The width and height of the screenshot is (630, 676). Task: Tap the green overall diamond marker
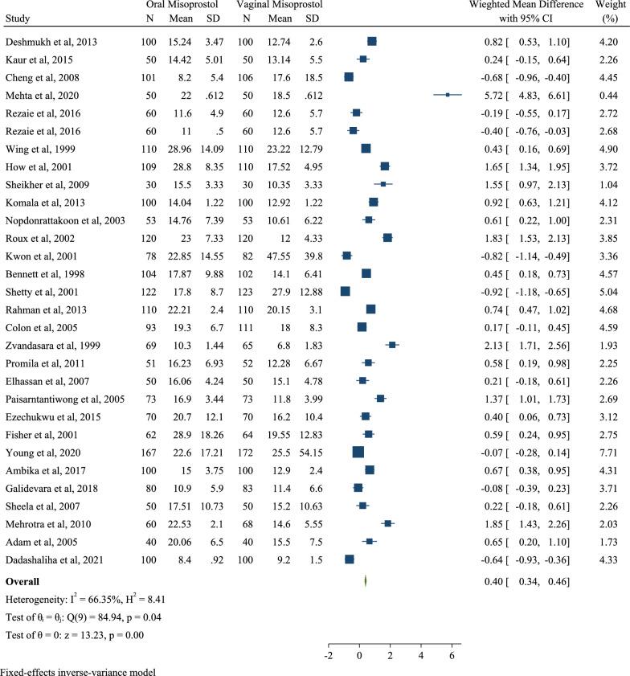(365, 580)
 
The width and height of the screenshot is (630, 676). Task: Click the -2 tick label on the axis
(328, 656)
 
